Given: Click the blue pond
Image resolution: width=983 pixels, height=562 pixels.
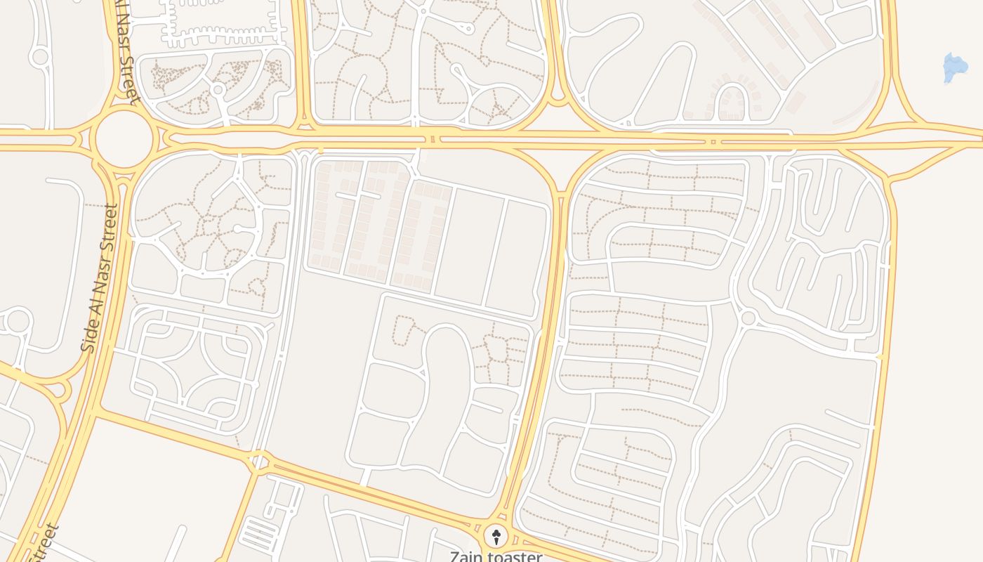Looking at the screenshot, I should pos(955,68).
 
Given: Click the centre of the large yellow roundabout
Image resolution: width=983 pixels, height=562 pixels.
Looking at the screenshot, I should pos(124,140).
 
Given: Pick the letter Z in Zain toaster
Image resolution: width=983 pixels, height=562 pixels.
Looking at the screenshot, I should pos(455,557).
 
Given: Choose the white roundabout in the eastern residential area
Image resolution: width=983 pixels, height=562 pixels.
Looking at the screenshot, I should pos(748,318).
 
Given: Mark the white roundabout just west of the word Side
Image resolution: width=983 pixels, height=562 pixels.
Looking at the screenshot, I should pos(18,322).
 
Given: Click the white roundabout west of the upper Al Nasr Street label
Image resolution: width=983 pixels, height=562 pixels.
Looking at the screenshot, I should pos(40,57).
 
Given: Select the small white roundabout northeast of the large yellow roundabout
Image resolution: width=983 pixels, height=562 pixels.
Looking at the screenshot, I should pos(218,90).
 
